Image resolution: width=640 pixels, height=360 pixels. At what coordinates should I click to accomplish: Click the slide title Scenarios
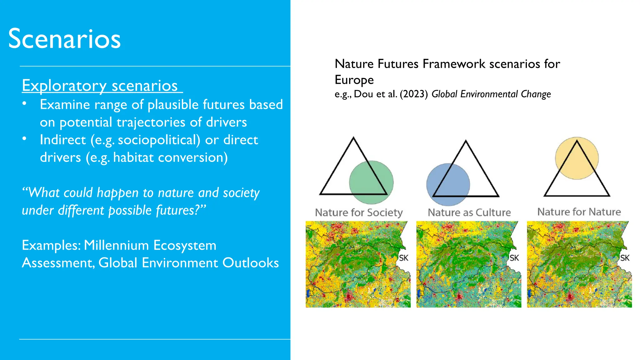(64, 39)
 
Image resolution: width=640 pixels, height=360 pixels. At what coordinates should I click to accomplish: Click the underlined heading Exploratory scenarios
(100, 86)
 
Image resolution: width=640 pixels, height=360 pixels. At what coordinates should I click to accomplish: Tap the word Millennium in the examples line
(116, 245)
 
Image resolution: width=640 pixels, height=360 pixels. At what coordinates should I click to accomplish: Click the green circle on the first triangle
(371, 182)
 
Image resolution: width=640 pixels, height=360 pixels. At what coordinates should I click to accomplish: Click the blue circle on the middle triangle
(448, 184)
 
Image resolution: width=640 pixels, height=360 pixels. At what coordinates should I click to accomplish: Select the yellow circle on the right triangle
(577, 158)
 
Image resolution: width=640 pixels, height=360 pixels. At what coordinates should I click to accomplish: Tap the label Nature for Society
(359, 212)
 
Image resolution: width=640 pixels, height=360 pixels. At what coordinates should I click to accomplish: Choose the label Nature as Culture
(469, 212)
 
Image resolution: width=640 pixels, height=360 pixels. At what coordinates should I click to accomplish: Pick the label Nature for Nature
(579, 212)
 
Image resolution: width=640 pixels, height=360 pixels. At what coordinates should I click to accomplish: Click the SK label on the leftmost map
(403, 258)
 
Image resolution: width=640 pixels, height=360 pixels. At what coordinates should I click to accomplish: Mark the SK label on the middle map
(514, 258)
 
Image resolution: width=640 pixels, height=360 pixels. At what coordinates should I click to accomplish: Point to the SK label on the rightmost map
(625, 258)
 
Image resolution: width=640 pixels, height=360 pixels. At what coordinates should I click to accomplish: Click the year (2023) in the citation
(413, 94)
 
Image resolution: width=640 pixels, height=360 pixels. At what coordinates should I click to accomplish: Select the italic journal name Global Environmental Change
(491, 94)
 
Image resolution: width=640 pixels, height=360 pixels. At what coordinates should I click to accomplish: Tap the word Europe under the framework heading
(354, 80)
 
